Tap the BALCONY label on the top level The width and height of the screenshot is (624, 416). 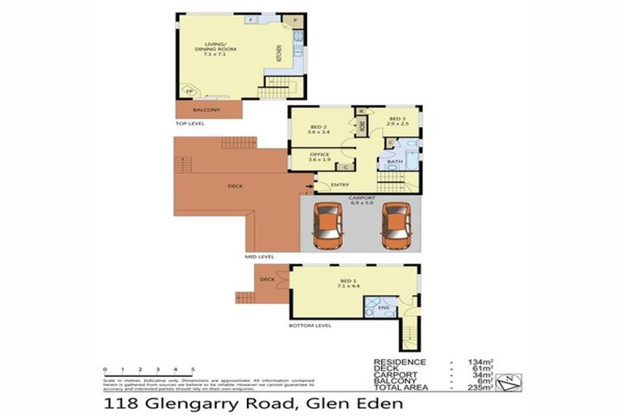[x=206, y=110]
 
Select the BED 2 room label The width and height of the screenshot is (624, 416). [x=318, y=127]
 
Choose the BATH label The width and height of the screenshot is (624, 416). [x=394, y=162]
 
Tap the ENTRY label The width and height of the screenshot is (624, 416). [x=340, y=184]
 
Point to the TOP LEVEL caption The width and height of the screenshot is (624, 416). [x=191, y=123]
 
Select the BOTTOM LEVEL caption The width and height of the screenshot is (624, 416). [x=310, y=325]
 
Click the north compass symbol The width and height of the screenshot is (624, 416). [x=506, y=379]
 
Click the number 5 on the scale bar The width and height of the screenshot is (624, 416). [x=192, y=368]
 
